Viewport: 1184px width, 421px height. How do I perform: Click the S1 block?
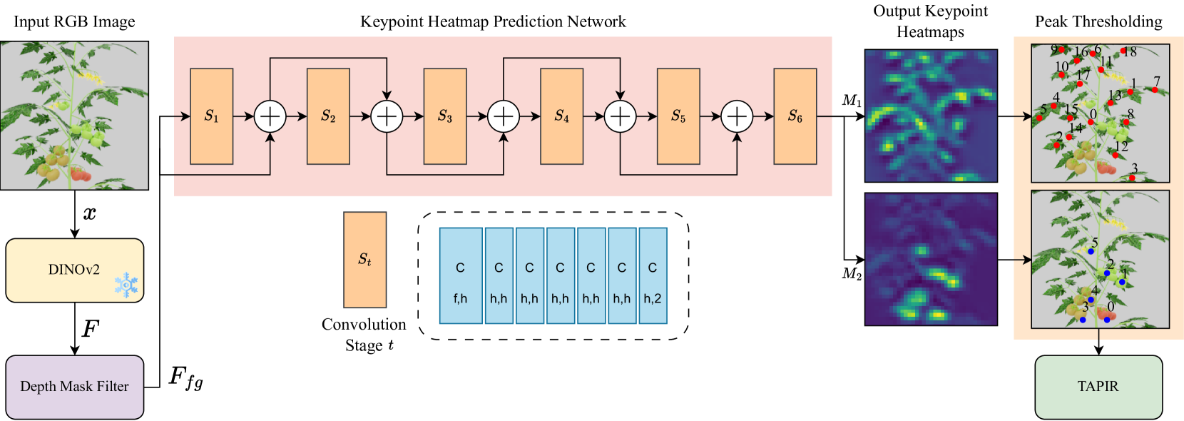(211, 116)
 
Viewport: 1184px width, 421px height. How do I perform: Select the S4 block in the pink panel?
(561, 116)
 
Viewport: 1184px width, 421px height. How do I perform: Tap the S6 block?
(795, 116)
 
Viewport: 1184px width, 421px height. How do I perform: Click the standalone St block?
(364, 260)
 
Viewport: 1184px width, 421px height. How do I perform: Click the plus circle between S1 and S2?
(270, 116)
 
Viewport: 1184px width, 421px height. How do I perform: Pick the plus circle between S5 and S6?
(737, 116)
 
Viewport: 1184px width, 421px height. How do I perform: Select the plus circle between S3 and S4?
(504, 116)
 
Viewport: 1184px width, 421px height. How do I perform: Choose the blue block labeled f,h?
(460, 276)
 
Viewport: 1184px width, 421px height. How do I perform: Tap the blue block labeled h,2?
(653, 276)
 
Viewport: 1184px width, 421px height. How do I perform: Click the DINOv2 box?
(74, 270)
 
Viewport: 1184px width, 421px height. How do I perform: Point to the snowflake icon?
(127, 284)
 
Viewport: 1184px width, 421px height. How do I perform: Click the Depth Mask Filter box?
(74, 387)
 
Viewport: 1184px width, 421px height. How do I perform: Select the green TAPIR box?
(1098, 387)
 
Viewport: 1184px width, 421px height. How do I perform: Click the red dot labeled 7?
(1155, 90)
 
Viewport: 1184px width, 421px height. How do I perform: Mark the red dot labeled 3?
(1132, 178)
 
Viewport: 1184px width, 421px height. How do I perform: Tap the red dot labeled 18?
(1123, 51)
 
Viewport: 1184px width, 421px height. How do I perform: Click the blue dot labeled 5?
(1091, 251)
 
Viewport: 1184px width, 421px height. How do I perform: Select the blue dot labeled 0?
(1107, 319)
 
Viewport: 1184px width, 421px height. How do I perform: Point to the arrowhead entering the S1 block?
(186, 116)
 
